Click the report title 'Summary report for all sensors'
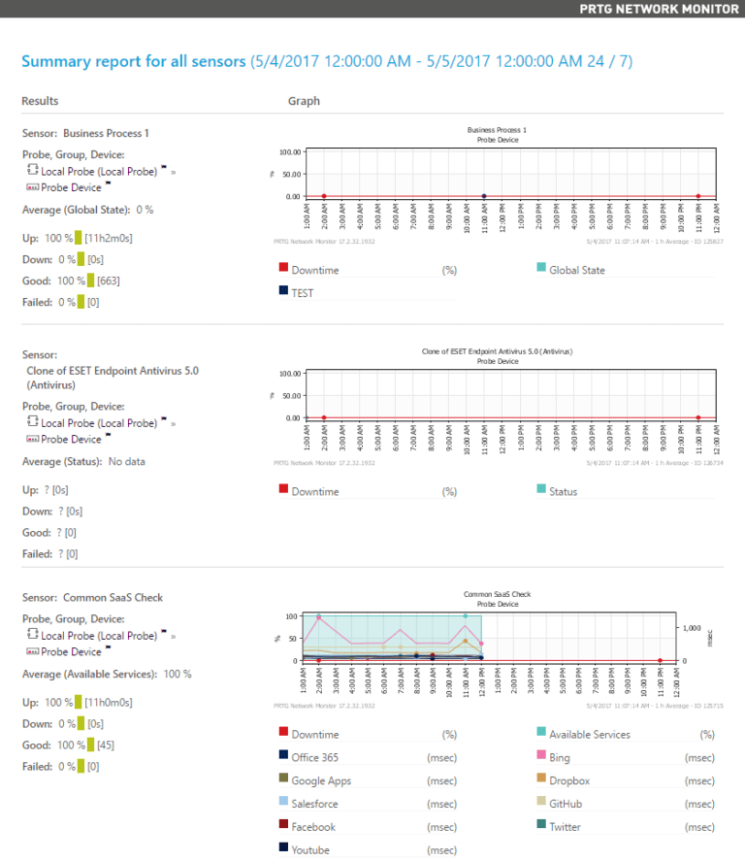coord(134,61)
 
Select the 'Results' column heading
coord(40,101)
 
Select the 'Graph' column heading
coord(304,101)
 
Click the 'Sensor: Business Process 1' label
coord(85,133)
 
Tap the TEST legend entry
coord(303,292)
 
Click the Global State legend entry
coord(576,270)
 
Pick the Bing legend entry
coord(560,758)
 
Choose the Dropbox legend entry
coord(569,780)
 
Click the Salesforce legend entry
coord(314,804)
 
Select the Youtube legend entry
coord(310,849)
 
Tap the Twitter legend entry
coord(566,827)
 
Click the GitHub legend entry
coord(567,804)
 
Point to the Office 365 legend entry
coord(314,758)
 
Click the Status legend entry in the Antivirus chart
coord(563,491)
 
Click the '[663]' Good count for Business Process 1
coord(109,281)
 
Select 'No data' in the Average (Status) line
coord(126,461)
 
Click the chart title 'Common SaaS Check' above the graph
coord(497,594)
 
